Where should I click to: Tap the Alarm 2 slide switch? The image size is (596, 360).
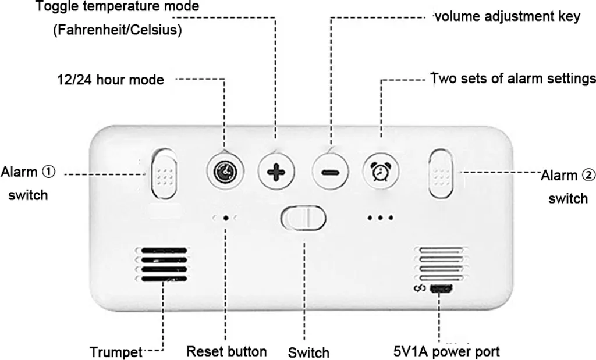click(x=441, y=174)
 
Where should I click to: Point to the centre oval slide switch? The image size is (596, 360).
click(x=303, y=219)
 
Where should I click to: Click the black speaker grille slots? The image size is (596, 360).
click(x=162, y=264)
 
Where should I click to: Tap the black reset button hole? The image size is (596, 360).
click(x=225, y=218)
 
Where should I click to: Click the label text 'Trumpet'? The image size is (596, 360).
click(x=116, y=352)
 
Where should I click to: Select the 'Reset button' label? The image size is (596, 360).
click(x=226, y=351)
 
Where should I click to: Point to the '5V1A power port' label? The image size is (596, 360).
click(x=446, y=351)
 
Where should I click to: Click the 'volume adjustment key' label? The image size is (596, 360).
click(x=507, y=16)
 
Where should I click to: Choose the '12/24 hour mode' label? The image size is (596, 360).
click(x=110, y=79)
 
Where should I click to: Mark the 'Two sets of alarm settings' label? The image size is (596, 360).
click(x=512, y=79)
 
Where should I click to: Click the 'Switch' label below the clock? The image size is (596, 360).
click(x=308, y=352)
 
